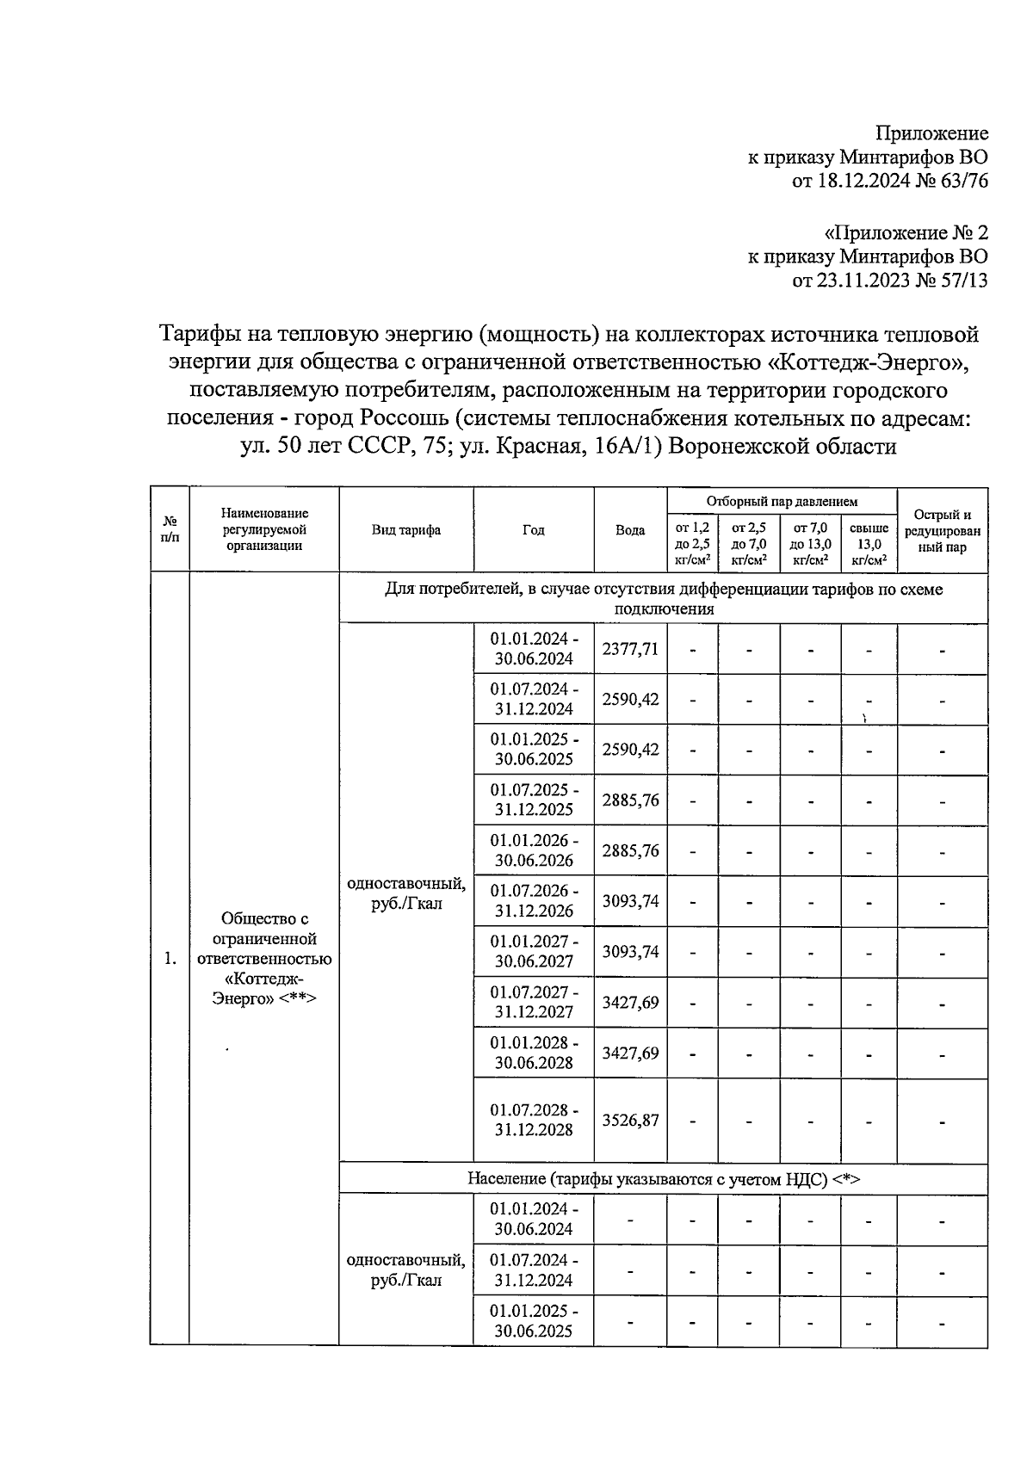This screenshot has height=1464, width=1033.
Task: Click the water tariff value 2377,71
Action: [x=630, y=649]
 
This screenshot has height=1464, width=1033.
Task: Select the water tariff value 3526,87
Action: [x=630, y=1120]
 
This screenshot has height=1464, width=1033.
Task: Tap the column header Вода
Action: [x=630, y=530]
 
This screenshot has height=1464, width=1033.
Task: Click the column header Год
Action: [x=534, y=530]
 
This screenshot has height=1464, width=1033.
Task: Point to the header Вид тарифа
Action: [x=406, y=530]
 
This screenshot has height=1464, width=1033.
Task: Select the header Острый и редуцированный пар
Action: [x=943, y=530]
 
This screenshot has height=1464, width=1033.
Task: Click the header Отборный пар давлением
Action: [x=782, y=501]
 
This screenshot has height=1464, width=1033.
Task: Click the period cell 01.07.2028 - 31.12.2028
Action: [x=534, y=1120]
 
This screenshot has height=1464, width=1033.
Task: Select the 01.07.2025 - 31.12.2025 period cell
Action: [x=534, y=800]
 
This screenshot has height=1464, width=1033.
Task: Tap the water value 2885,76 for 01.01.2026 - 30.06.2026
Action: [x=630, y=850]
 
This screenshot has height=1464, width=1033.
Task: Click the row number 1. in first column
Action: [x=170, y=959]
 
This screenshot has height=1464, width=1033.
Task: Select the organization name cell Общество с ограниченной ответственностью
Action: [x=264, y=958]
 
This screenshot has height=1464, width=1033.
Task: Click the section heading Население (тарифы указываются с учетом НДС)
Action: [x=663, y=1178]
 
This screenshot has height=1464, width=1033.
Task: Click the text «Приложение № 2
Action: [x=906, y=232]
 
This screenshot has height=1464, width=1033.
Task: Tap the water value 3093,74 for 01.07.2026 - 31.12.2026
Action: [x=630, y=901]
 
